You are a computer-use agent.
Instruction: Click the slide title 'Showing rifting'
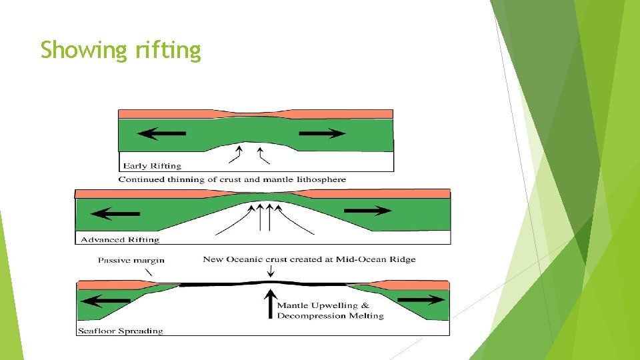coord(120,50)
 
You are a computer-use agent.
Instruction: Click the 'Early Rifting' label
coord(152,165)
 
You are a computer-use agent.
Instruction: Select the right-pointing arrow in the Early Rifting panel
coord(323,133)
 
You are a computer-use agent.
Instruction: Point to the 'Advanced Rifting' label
coord(120,239)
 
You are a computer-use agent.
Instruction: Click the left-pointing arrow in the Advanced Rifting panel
coord(115,214)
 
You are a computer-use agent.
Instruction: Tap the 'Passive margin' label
coord(131,260)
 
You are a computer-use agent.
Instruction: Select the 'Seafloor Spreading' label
coord(121,331)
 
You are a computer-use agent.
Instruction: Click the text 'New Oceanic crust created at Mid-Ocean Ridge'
coord(309,259)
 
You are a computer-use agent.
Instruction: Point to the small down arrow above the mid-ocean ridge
coord(269,271)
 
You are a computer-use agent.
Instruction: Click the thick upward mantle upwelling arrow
coord(269,303)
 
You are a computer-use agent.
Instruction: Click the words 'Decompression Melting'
coord(330,315)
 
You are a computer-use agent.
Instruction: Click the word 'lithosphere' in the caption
coord(323,179)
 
